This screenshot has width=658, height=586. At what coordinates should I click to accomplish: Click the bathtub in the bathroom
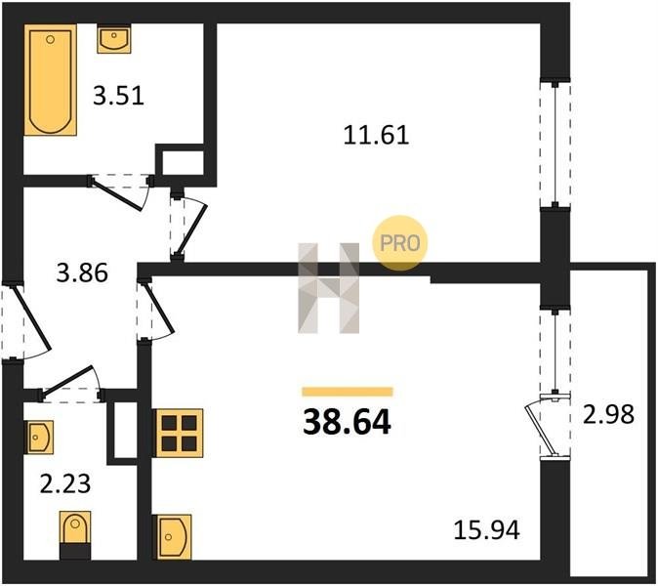click(x=51, y=80)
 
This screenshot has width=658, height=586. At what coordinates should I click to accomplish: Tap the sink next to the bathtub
click(x=114, y=39)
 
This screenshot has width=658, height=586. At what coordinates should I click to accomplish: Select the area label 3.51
click(x=119, y=96)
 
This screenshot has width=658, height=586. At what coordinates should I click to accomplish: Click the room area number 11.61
click(x=376, y=135)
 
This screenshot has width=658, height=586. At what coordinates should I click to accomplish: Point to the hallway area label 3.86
click(x=82, y=272)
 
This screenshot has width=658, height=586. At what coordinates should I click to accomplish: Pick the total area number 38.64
click(x=347, y=422)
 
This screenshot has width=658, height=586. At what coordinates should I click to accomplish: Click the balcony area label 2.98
click(x=608, y=414)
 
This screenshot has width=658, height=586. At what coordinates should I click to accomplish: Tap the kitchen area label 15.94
click(x=487, y=529)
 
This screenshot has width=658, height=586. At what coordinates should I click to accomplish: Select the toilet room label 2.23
click(x=65, y=483)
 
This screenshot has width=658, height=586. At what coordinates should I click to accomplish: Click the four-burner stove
click(x=180, y=434)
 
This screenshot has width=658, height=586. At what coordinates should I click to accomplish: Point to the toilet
click(x=75, y=535)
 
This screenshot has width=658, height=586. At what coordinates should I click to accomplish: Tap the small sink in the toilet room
click(x=40, y=438)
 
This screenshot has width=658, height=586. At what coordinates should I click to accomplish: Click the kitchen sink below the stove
click(x=174, y=537)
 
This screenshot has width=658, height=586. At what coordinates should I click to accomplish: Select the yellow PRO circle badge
click(x=400, y=242)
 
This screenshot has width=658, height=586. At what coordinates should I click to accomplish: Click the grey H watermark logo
click(x=329, y=288)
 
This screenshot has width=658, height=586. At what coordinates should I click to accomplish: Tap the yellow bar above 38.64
click(x=348, y=392)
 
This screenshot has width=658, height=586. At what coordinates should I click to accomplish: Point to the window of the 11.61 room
click(x=555, y=144)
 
